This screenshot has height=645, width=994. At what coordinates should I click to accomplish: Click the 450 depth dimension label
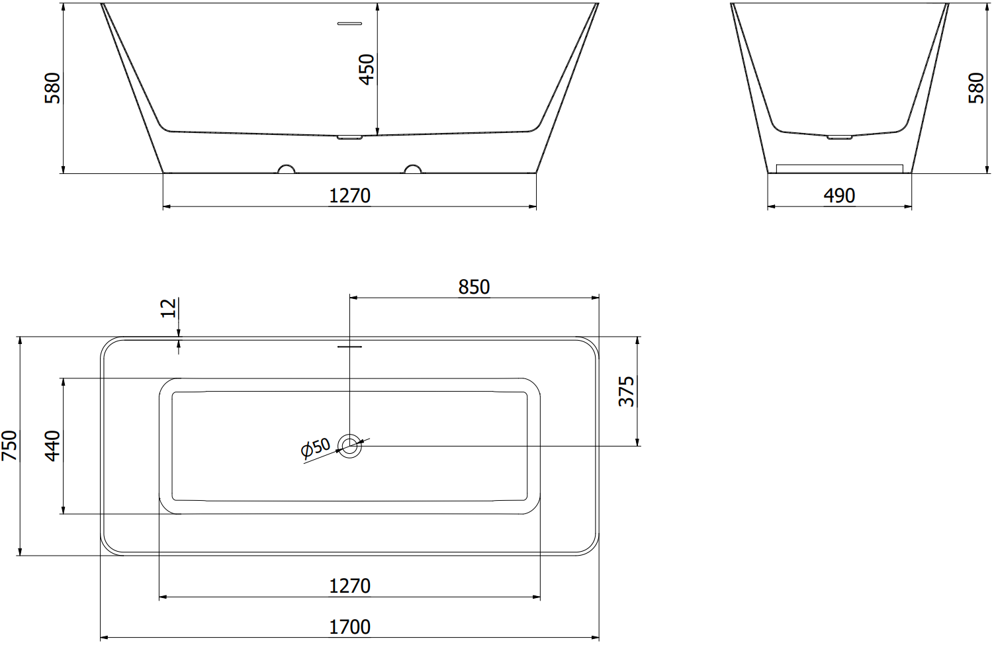tap(366, 69)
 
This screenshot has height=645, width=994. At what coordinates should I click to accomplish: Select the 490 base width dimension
tap(839, 196)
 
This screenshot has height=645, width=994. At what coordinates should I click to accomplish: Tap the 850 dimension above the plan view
tap(474, 287)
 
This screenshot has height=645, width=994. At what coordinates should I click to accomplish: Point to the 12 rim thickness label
tap(169, 308)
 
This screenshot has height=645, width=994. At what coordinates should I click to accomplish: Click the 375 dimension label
tap(626, 391)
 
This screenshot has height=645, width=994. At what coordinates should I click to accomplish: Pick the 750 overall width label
tap(9, 446)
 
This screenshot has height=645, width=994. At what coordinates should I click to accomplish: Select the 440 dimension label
tap(52, 446)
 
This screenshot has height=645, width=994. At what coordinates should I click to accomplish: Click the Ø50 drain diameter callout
tap(316, 448)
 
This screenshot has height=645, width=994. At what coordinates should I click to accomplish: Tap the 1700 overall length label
tap(349, 627)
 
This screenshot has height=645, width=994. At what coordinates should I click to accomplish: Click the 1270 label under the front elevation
tap(349, 196)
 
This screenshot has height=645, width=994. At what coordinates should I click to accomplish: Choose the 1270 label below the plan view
tap(349, 586)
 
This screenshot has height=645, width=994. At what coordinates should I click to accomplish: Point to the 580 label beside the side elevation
tap(976, 88)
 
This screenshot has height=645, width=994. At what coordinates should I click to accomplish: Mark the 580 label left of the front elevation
tap(52, 88)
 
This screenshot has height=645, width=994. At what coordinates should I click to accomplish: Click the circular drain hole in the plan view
tap(349, 446)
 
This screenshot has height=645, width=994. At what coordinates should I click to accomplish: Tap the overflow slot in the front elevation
tap(349, 24)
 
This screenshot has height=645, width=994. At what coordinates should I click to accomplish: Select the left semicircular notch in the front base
tap(287, 169)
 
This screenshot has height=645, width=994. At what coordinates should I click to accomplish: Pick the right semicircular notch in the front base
tap(412, 169)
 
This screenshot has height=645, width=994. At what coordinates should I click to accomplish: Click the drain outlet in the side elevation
tap(839, 137)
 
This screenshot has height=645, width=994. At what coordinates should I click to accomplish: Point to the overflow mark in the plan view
tap(349, 345)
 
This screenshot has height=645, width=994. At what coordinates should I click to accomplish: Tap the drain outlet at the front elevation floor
tap(349, 138)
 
